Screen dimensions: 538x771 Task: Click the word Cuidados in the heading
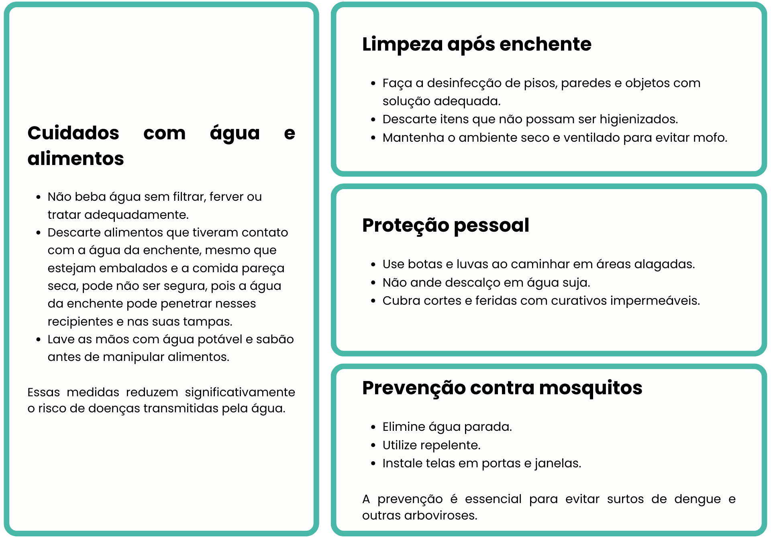[73, 133]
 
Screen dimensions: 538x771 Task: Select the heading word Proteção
[405, 225]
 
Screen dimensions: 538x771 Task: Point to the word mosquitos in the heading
[590, 388]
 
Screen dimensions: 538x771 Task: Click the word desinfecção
[464, 83]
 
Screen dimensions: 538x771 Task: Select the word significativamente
[240, 392]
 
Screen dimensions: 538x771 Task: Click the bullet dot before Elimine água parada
[373, 427]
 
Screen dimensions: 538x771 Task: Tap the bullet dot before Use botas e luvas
[373, 265]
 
